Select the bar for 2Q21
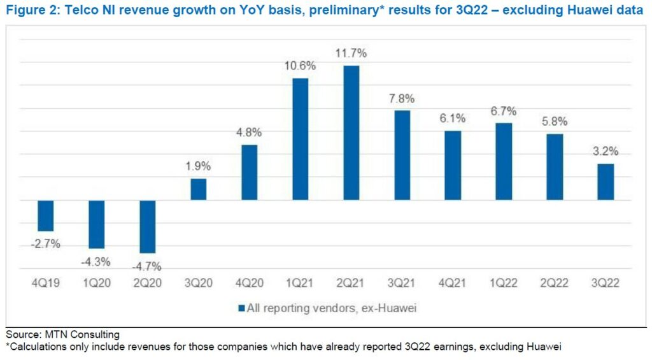tap(351, 133)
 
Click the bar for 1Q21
tap(301, 139)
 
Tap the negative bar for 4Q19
tap(46, 215)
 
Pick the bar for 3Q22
tap(606, 182)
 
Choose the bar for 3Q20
tap(199, 189)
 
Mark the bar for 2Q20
tap(148, 226)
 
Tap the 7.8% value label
tap(402, 99)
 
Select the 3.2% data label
tap(606, 153)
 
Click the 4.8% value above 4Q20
tap(250, 133)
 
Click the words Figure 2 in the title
tap(29, 11)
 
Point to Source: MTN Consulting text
tap(62, 335)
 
